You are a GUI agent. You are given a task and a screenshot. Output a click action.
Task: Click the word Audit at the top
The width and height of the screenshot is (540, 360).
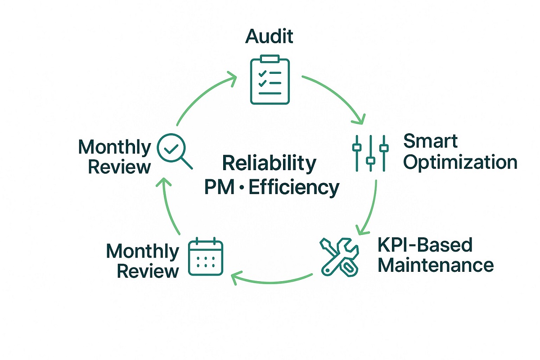point(269,36)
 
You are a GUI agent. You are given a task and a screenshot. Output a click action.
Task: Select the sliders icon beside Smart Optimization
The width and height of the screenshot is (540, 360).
point(370,153)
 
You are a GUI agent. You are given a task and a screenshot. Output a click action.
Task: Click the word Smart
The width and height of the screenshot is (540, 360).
point(431,141)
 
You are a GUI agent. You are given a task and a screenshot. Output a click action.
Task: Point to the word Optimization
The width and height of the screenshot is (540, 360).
point(460,162)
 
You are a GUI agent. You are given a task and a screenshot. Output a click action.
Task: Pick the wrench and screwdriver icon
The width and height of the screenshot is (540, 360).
point(338,256)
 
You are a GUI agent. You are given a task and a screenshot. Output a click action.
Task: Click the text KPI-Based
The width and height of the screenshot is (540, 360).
point(425,245)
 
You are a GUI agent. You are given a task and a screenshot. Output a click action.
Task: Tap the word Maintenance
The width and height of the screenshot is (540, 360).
point(435,265)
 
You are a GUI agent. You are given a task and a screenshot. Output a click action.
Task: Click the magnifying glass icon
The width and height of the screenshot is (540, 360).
point(173,152)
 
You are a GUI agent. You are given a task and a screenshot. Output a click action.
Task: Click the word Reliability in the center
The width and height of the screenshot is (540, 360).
point(270,163)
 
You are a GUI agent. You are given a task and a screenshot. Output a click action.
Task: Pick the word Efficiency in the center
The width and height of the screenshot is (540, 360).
point(294,187)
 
